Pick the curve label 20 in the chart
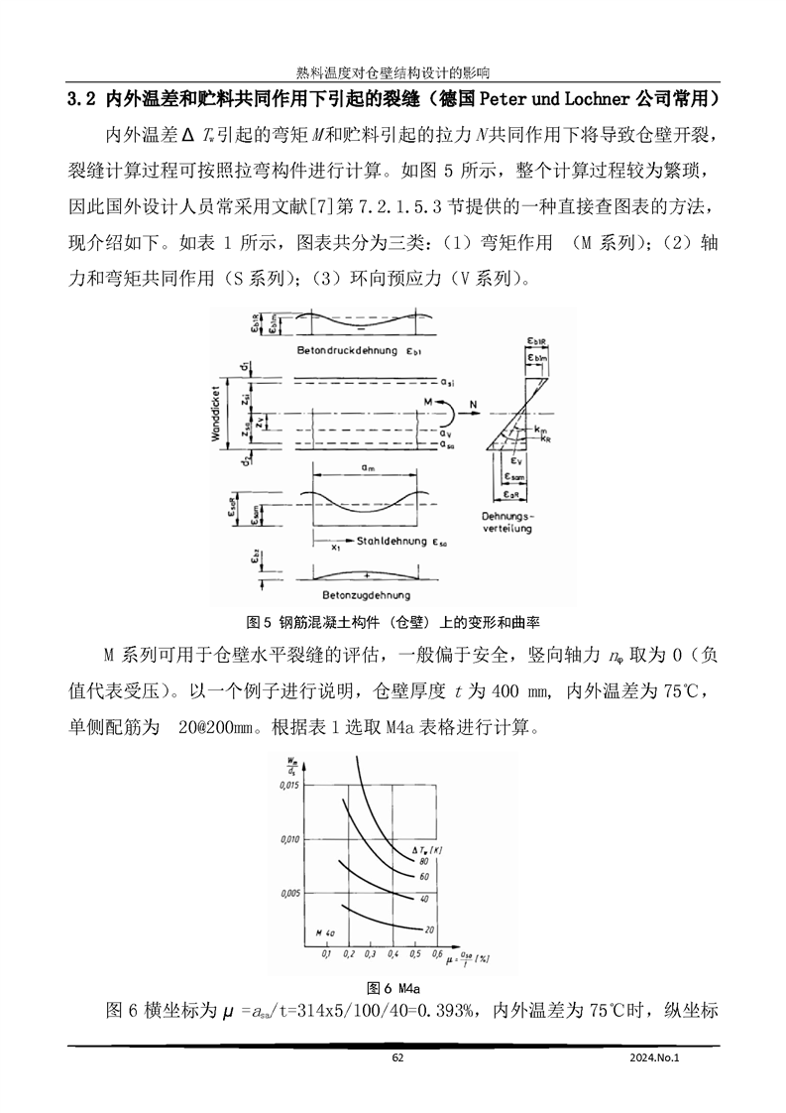point(429,928)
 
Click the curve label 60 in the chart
point(423,877)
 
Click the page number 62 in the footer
point(397,1057)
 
